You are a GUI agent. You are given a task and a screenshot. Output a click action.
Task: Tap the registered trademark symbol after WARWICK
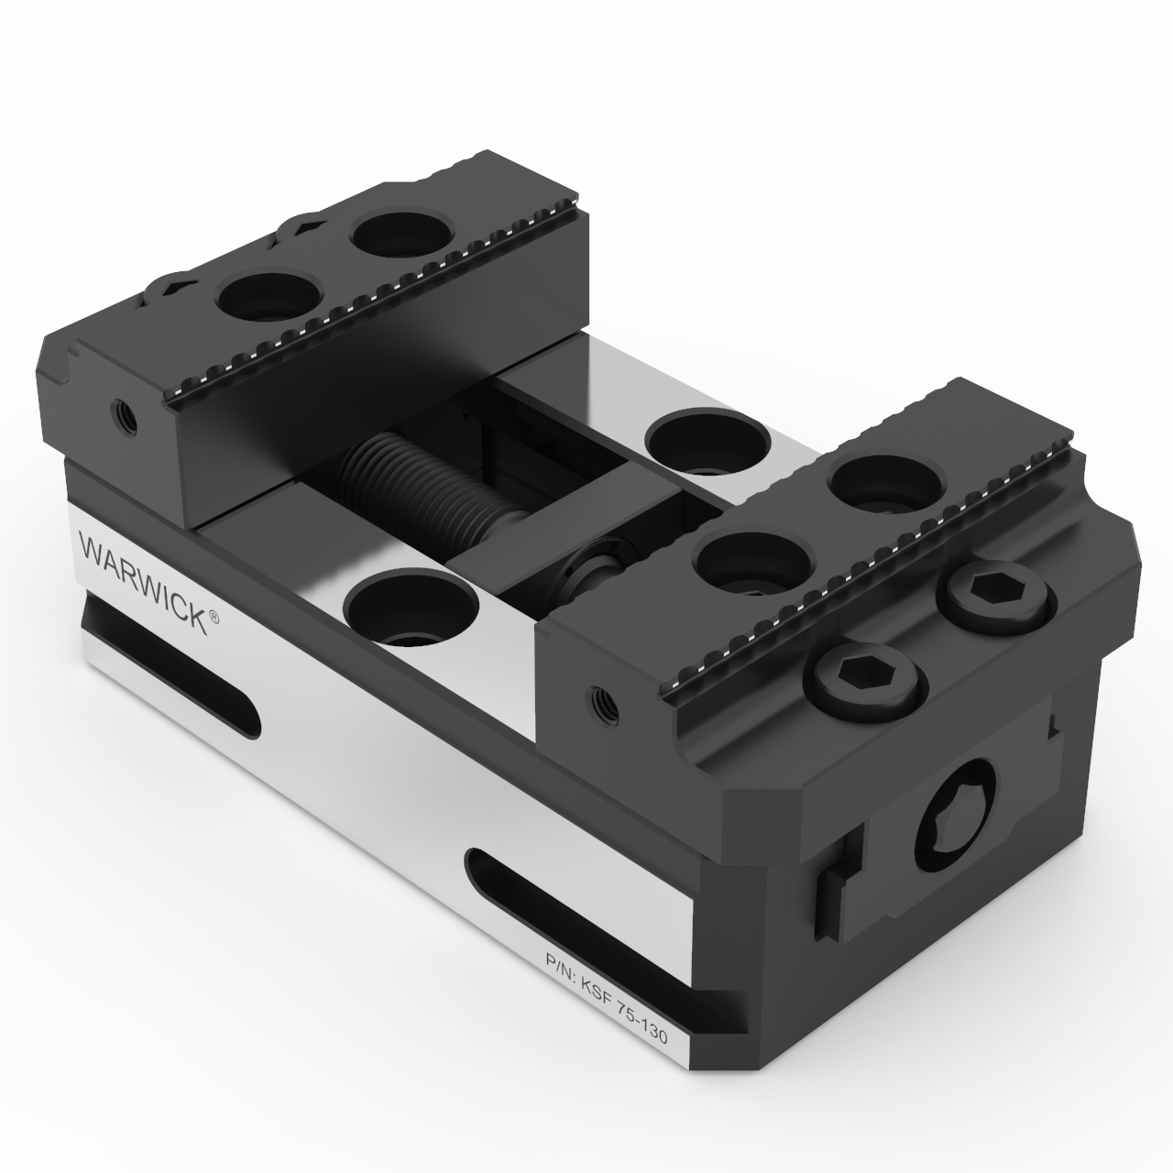214,619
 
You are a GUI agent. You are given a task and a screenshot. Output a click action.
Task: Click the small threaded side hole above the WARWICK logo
123,415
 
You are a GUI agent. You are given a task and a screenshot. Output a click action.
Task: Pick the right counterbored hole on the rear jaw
400,236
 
